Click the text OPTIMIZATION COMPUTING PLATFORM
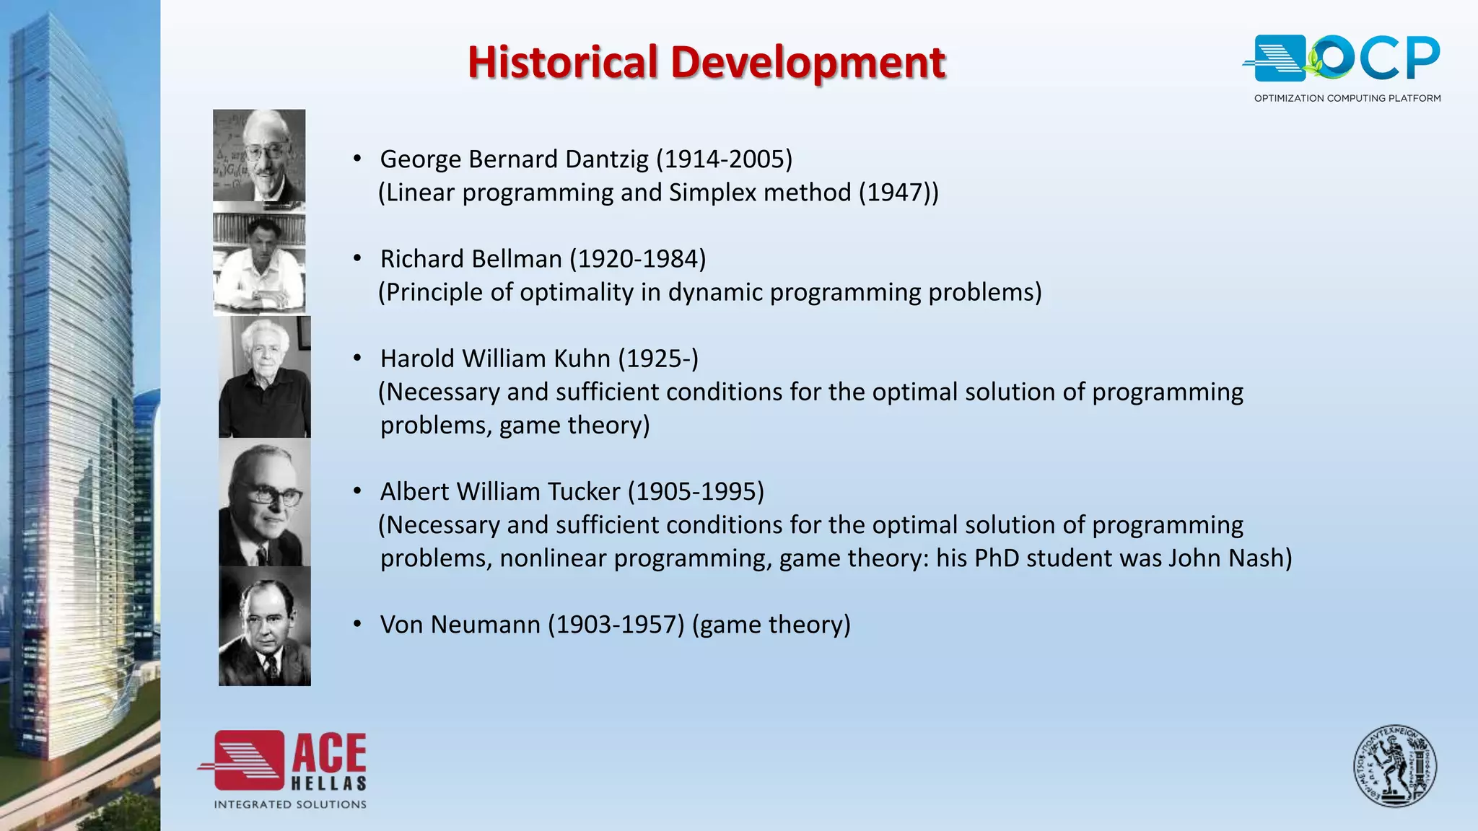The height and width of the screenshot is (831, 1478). (1347, 98)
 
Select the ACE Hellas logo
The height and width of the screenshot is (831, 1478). (283, 762)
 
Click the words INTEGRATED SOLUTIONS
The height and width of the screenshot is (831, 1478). (290, 804)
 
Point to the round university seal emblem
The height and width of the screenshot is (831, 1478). (1394, 766)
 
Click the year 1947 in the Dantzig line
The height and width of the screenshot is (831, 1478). (898, 193)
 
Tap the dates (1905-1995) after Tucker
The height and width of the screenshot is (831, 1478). (696, 492)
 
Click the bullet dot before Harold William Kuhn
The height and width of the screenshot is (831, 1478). (357, 358)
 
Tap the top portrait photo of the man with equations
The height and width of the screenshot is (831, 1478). (259, 155)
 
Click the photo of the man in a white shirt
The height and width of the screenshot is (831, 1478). (259, 264)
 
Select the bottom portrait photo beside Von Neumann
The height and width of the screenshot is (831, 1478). (265, 626)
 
